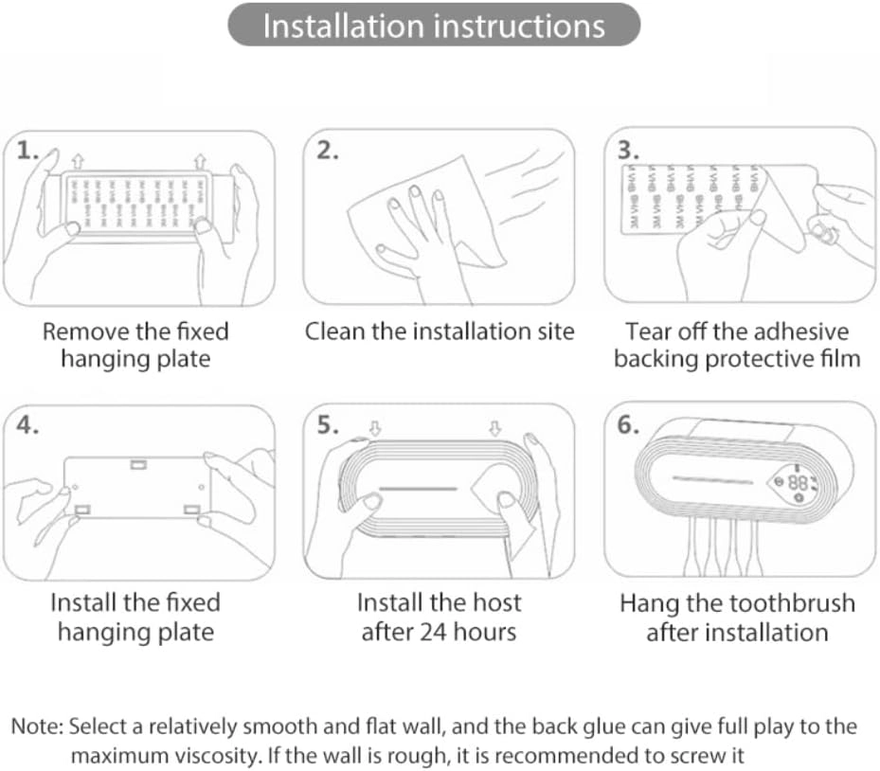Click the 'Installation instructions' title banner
[x=434, y=26]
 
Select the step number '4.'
[x=28, y=425]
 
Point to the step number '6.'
[x=628, y=424]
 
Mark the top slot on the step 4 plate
[x=138, y=464]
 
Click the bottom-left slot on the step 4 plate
[x=81, y=510]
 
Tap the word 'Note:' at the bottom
[x=37, y=727]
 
